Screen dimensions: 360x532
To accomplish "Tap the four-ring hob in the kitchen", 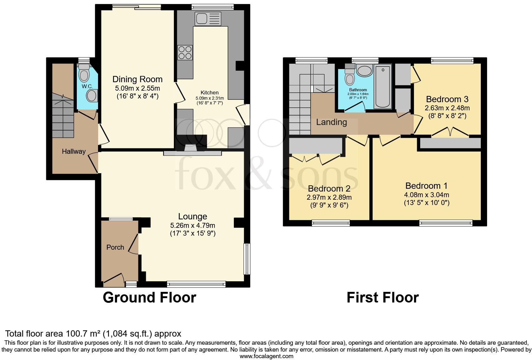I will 185,52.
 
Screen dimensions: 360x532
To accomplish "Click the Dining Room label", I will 137,79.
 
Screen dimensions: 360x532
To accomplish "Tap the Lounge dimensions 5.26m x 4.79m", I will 193,225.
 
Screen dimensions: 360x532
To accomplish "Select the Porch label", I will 115,247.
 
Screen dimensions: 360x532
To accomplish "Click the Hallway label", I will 74,152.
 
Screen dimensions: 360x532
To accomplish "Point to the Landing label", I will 331,122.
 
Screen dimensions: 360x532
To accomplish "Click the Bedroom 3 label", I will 447,99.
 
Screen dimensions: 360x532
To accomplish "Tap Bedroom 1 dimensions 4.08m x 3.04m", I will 426,195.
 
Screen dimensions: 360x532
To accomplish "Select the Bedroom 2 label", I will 329,189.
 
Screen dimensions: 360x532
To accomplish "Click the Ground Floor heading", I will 149,297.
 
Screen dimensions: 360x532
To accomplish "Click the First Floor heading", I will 382,297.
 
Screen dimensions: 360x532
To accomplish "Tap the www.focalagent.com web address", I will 266,356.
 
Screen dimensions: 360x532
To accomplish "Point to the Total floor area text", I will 93,333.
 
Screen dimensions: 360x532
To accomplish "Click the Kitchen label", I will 209,92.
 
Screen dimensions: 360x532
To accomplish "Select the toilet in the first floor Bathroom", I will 349,77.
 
